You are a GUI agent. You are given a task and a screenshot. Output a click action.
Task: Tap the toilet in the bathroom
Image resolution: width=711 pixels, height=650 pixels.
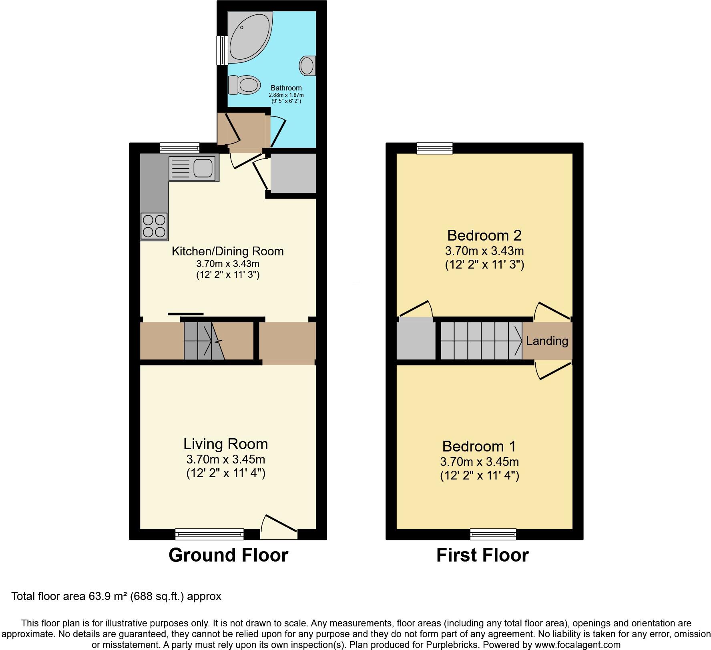[x=244, y=85]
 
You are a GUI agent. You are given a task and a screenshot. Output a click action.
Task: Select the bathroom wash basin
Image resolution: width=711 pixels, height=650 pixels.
[x=307, y=65]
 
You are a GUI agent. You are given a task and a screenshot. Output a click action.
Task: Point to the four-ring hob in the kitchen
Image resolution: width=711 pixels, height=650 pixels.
[x=154, y=226]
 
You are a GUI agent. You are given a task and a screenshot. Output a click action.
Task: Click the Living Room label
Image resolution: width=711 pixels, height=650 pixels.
[x=225, y=444]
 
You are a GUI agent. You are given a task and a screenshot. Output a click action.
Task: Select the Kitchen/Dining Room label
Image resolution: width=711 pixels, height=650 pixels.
[x=227, y=251]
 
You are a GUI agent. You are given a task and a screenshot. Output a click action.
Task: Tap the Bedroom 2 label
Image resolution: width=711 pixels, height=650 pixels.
[x=484, y=235]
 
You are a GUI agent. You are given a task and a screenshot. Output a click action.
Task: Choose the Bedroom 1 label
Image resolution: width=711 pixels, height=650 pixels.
[x=479, y=446]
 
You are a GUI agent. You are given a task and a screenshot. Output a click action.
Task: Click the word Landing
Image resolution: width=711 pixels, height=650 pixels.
[x=547, y=341]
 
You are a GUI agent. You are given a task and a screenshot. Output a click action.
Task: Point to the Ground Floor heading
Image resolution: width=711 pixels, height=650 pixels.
[x=228, y=555]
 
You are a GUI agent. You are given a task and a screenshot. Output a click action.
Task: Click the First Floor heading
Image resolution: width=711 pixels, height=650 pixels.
[x=482, y=555]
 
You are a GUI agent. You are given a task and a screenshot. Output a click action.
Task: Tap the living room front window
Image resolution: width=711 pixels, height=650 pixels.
[x=209, y=534]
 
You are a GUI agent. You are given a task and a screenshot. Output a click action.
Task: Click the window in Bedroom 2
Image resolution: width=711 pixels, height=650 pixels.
[x=435, y=148]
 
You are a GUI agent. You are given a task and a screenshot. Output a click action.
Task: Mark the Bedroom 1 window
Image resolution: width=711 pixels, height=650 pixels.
[x=493, y=534]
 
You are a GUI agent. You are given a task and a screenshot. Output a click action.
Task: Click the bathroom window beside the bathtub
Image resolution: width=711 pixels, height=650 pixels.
[x=221, y=50]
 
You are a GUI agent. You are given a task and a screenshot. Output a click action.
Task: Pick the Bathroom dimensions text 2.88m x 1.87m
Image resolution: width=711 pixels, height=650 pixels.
[x=286, y=95]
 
